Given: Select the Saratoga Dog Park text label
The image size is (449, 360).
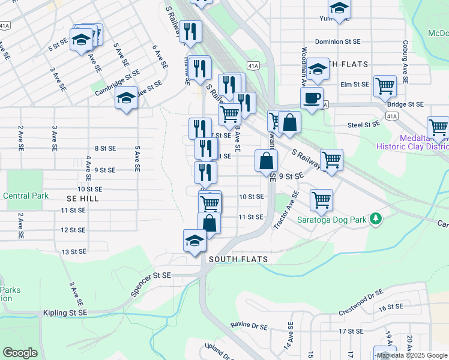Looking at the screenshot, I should (x=332, y=220).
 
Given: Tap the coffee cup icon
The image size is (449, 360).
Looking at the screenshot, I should (x=312, y=98).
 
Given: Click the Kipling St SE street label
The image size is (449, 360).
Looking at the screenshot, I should (x=65, y=313).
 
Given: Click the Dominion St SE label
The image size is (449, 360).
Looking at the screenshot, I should (x=338, y=42).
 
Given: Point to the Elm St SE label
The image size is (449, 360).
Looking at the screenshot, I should (x=354, y=85).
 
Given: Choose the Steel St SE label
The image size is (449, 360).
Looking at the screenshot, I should (x=364, y=124).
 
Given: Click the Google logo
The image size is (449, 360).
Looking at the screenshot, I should (x=20, y=353).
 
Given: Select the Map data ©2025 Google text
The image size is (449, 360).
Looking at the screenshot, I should (x=411, y=355).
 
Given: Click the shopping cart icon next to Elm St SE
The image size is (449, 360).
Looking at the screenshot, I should (x=385, y=85).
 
